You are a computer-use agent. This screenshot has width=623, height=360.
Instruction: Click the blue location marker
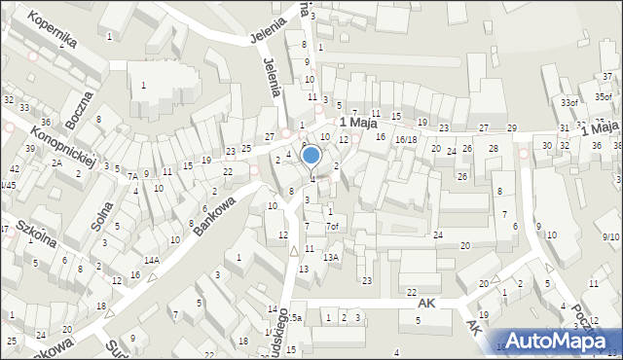(x=311, y=155)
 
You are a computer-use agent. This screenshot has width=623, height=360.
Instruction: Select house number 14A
(x=152, y=260)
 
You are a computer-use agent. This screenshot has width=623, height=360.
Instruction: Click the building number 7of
(x=333, y=227)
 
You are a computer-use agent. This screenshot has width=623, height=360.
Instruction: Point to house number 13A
(x=331, y=257)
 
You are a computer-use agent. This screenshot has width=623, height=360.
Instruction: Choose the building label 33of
(x=568, y=102)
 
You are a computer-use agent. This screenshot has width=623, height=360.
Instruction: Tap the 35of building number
(x=604, y=97)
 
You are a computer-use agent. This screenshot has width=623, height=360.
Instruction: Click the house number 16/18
(x=406, y=140)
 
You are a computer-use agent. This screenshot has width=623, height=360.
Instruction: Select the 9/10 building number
(x=610, y=237)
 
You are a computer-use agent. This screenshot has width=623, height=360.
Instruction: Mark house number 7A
(x=131, y=176)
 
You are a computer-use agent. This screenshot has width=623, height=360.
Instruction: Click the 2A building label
(x=57, y=162)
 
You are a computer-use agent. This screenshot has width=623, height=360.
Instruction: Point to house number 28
(x=494, y=148)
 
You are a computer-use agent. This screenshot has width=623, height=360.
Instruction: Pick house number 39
(x=31, y=148)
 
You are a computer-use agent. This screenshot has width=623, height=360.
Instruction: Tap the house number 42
(x=15, y=169)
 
